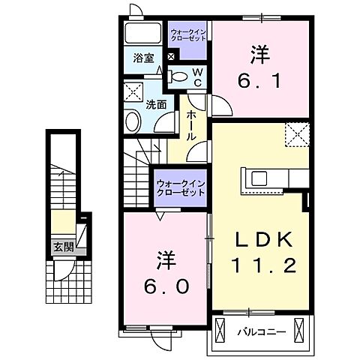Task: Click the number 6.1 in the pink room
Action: (260, 78)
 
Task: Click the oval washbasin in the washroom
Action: (133, 122)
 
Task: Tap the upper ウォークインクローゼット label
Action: (187, 33)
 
